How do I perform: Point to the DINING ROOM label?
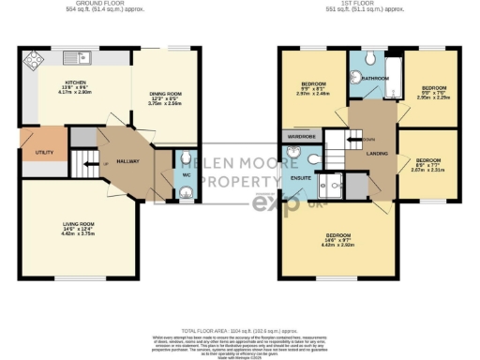click(x=165, y=92)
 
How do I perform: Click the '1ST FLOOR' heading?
click(x=366, y=5)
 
